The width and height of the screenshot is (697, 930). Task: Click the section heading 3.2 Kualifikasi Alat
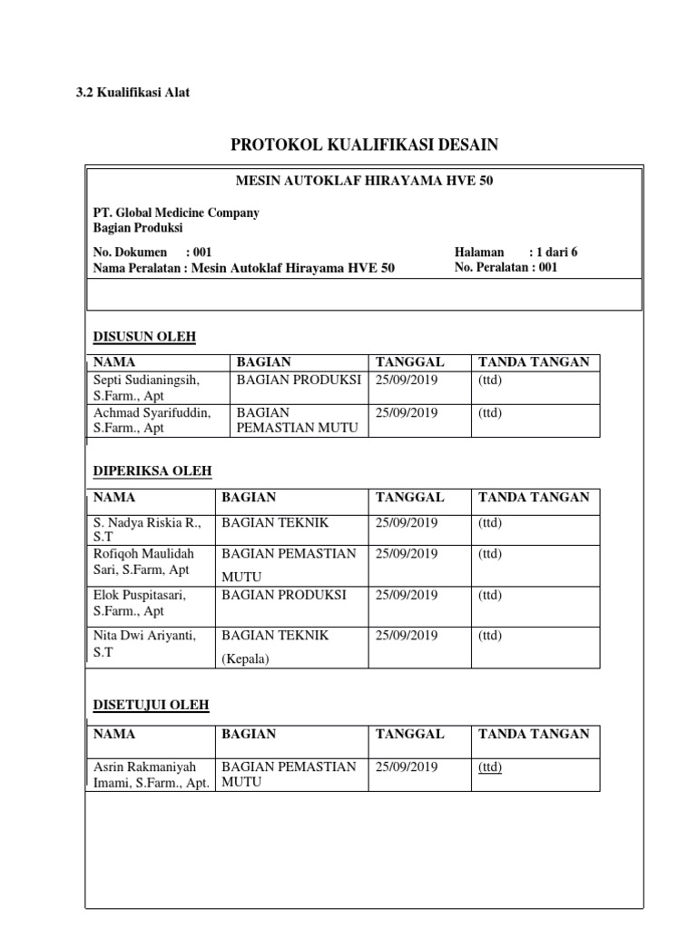point(133,93)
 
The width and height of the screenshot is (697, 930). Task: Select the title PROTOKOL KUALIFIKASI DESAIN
point(365,144)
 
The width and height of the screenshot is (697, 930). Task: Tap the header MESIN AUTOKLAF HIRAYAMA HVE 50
point(364,182)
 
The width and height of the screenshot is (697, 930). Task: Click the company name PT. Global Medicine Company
point(176,213)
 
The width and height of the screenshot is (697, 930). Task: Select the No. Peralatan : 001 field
point(506,268)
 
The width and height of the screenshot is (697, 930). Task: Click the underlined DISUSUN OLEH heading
point(145,338)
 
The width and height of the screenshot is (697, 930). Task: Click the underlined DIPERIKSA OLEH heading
point(152,471)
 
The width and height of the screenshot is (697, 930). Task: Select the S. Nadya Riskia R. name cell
point(146,530)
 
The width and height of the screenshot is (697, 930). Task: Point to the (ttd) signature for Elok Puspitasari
point(490,595)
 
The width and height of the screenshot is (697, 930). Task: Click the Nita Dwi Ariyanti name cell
point(145,644)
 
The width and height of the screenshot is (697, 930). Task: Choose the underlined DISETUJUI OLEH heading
point(152,705)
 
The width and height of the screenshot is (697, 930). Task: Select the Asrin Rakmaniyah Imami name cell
point(152,775)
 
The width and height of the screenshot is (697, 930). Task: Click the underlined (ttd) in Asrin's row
point(490,767)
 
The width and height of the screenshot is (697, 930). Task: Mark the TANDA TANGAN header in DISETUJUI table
point(534,734)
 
